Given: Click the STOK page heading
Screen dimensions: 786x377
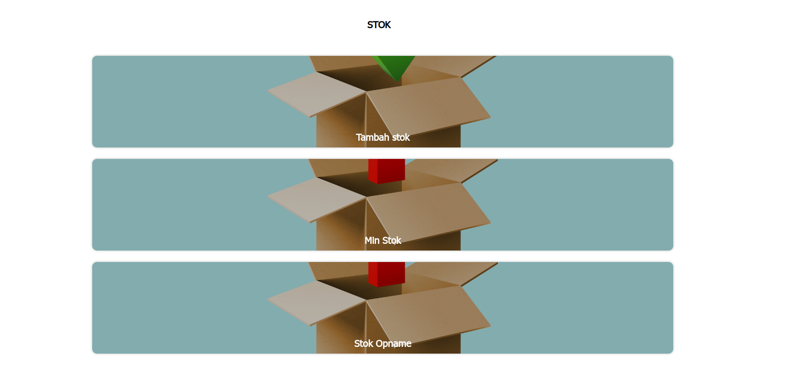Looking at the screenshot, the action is [379, 25].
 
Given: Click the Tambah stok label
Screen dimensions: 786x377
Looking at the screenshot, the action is [383, 137].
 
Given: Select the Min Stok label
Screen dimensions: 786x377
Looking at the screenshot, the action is [383, 241].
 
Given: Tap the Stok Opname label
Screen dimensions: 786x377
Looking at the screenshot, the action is [383, 344].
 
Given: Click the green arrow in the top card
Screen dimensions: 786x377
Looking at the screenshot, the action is [394, 66].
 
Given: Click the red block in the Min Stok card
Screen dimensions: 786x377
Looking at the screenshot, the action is [387, 171].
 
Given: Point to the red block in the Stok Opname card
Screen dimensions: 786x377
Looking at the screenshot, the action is [387, 274].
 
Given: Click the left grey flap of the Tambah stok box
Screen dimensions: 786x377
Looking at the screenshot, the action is [316, 94].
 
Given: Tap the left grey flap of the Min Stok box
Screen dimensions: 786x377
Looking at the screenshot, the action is [316, 199].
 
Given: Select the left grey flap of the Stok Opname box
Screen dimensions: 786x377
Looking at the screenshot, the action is [316, 303].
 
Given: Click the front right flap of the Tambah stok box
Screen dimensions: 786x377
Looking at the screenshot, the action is [429, 105].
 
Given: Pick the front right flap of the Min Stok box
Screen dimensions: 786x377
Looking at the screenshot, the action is [429, 210].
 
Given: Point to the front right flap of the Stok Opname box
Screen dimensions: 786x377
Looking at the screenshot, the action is [429, 314].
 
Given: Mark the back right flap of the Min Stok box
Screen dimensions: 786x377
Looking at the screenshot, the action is [452, 170].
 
